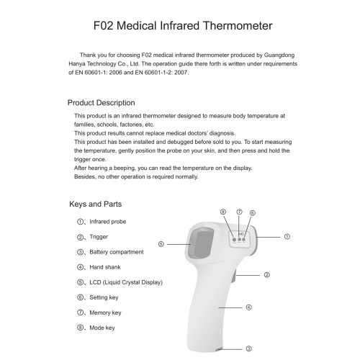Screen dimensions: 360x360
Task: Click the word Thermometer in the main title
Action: [238, 26]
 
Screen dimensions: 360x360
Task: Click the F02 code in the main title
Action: [103, 26]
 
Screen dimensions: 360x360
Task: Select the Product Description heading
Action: [101, 103]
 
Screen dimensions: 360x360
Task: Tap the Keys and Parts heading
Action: [95, 204]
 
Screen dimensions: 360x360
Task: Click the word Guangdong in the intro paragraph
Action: [279, 55]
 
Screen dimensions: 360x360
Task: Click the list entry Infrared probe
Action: [107, 222]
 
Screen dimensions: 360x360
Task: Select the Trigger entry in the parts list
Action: [99, 237]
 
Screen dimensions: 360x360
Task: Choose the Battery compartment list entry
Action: [117, 252]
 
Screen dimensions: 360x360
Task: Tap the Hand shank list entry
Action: [105, 267]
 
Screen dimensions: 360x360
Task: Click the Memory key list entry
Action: [105, 312]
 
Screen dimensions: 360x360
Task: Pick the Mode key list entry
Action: [102, 328]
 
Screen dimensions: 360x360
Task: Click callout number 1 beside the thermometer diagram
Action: [287, 237]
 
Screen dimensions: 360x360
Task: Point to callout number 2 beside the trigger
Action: [266, 275]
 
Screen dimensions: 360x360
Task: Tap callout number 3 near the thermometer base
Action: [248, 348]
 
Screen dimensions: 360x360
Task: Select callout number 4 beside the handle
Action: [248, 307]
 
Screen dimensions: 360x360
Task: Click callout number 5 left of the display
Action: [161, 244]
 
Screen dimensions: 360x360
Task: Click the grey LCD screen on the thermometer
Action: [201, 244]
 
